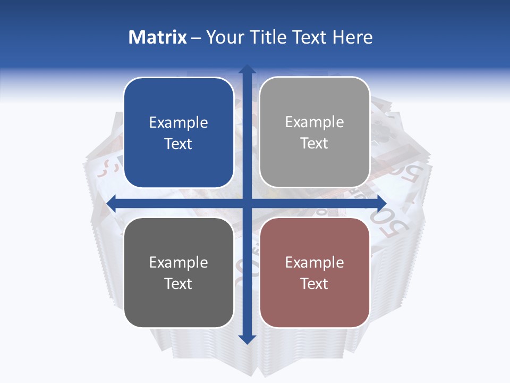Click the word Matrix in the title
tap(158, 37)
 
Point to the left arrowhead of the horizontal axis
tap(112, 203)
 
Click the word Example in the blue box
tap(178, 123)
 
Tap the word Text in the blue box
tap(178, 144)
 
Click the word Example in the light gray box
tap(314, 122)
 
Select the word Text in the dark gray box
tap(178, 284)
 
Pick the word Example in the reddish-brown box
tap(314, 262)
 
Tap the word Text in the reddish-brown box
tap(314, 284)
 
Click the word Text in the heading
tap(308, 37)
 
